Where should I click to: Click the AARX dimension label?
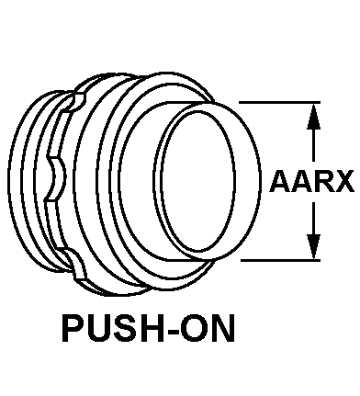pyautogui.click(x=311, y=181)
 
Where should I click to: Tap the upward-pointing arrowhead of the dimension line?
pyautogui.click(x=313, y=117)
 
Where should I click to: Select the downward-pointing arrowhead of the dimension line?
pyautogui.click(x=313, y=247)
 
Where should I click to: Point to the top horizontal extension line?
pyautogui.click(x=279, y=102)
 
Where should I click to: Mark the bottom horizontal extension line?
pyautogui.click(x=280, y=260)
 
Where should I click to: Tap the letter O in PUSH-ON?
pyautogui.click(x=194, y=329)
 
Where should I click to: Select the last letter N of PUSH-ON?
pyautogui.click(x=223, y=329)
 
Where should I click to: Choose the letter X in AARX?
pyautogui.click(x=343, y=181)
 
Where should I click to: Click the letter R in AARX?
pyautogui.click(x=321, y=181)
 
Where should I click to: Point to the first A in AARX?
pyautogui.click(x=279, y=181)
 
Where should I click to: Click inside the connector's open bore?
pyautogui.click(x=197, y=180)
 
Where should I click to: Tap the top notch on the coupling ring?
pyautogui.click(x=76, y=103)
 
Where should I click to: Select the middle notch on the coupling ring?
pyautogui.click(x=56, y=178)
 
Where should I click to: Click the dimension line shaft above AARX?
pyautogui.click(x=313, y=145)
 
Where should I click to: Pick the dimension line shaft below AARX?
pyautogui.click(x=313, y=218)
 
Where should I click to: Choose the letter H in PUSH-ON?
pyautogui.click(x=152, y=329)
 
